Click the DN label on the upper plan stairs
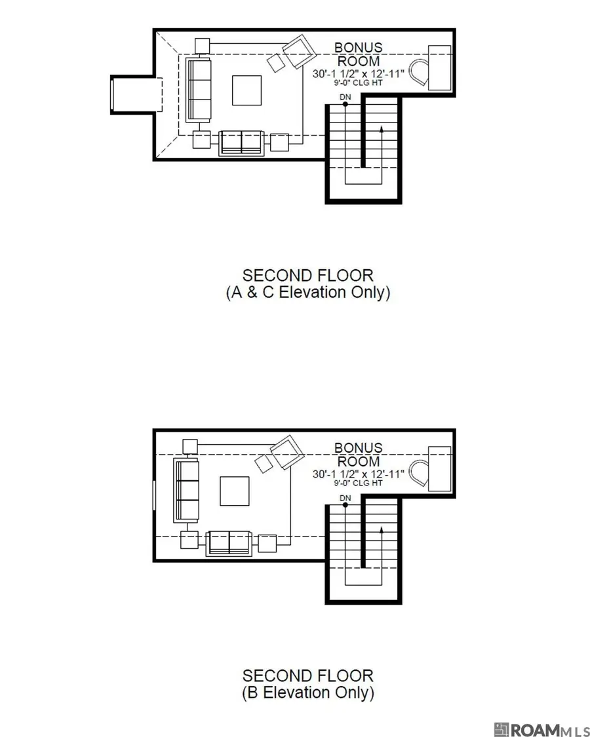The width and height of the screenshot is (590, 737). (x=345, y=97)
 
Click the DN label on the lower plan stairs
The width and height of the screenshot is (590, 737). (x=345, y=499)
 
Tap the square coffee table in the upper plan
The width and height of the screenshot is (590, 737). (x=246, y=90)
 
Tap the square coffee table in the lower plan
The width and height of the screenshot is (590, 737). (x=234, y=491)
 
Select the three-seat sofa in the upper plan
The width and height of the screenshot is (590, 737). (x=197, y=90)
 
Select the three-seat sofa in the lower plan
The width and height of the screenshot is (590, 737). (x=186, y=491)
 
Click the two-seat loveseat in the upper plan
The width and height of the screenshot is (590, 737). (x=241, y=143)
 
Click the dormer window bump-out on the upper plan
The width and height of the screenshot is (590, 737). (x=134, y=94)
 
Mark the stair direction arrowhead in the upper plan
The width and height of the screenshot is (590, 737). (x=382, y=129)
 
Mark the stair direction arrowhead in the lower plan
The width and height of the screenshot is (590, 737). (x=382, y=529)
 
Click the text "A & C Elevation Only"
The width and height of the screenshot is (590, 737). (x=308, y=292)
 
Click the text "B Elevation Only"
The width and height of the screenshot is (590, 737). (x=308, y=692)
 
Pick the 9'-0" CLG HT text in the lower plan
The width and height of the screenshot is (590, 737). (x=357, y=483)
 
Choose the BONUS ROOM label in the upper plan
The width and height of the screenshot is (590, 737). (x=357, y=54)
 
